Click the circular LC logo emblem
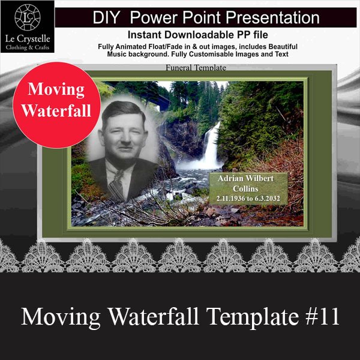[28, 17]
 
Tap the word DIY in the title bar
[106, 17]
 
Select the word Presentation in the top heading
[272, 17]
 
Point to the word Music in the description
[118, 54]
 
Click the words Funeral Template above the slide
[196, 67]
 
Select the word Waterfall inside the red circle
[56, 110]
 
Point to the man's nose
[125, 138]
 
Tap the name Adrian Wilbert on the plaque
[245, 178]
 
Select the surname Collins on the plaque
[245, 189]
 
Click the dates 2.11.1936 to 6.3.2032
[248, 199]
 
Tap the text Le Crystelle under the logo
[28, 39]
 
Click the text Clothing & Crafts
[28, 47]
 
